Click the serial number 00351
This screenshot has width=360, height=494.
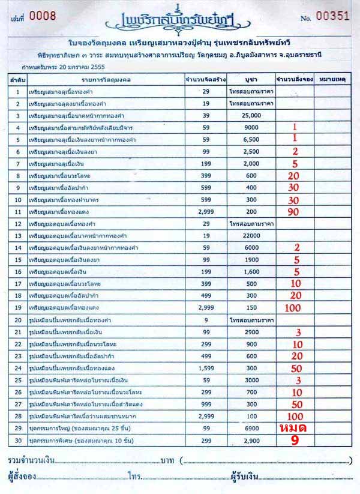pyautogui.click(x=333, y=17)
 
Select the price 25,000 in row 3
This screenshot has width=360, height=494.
pyautogui.click(x=251, y=115)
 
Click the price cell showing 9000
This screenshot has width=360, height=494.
pyautogui.click(x=251, y=127)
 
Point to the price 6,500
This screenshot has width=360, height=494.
pyautogui.click(x=251, y=139)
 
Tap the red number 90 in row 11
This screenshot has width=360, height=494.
pyautogui.click(x=293, y=211)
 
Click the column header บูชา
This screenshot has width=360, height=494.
pyautogui.click(x=251, y=79)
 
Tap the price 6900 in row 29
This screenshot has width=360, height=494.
pyautogui.click(x=251, y=427)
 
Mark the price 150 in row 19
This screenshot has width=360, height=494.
pyautogui.click(x=251, y=307)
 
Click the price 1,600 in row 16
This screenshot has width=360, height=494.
pyautogui.click(x=251, y=271)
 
